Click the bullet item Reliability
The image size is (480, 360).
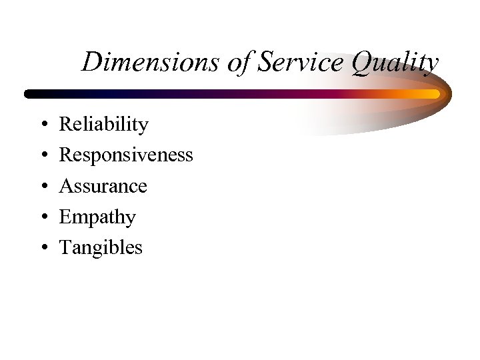tap(103, 125)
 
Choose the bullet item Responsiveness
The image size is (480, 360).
tap(126, 155)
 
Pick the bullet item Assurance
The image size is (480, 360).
tap(103, 186)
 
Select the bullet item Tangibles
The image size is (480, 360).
tap(101, 248)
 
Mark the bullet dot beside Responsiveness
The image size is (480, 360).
tap(42, 156)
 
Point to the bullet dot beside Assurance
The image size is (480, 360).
tap(42, 187)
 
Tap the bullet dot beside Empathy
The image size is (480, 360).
tap(42, 217)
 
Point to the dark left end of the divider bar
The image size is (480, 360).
tap(30, 94)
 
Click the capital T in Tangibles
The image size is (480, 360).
tap(65, 248)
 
